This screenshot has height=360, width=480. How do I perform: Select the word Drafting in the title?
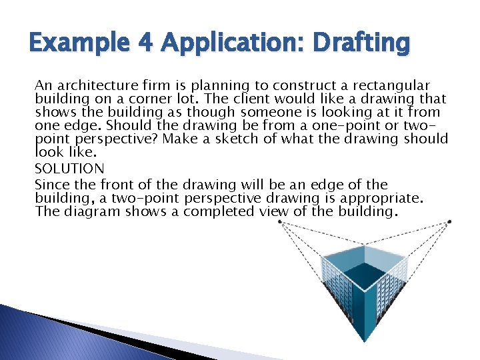pyautogui.click(x=364, y=45)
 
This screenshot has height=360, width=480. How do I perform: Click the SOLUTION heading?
pyautogui.click(x=69, y=169)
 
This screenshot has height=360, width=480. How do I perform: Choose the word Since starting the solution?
pyautogui.click(x=51, y=185)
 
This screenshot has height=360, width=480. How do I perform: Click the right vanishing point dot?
pyautogui.click(x=449, y=221)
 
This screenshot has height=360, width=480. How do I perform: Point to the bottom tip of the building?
pyautogui.click(x=364, y=341)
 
